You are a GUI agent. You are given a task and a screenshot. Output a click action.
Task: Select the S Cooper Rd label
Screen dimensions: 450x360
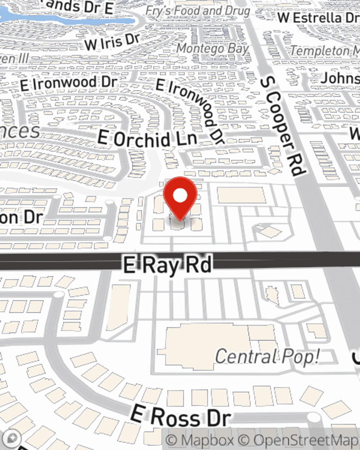pos(283,126)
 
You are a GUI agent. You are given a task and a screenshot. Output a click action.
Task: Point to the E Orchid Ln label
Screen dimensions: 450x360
pos(148,139)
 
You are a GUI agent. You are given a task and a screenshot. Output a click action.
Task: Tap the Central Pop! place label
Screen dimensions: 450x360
pos(267,356)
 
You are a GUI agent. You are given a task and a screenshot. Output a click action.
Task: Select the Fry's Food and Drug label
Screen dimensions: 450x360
pos(198,11)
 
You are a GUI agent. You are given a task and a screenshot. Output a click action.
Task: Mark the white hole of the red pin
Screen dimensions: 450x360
pos(180,196)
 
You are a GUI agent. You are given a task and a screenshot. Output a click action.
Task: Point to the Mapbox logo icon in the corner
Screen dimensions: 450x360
pos(12,438)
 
